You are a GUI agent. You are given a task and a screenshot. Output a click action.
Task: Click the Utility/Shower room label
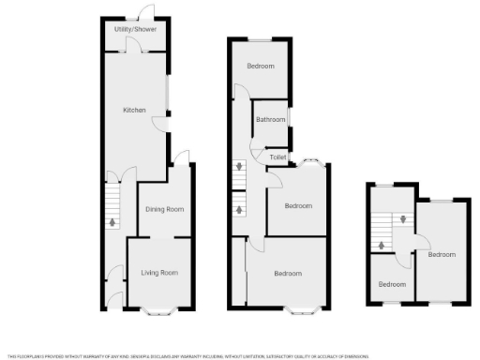tap(136, 30)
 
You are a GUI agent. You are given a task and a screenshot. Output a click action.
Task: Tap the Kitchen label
tap(135, 111)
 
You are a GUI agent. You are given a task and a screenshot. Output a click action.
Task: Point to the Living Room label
tap(159, 273)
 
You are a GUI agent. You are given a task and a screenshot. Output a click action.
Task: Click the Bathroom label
tap(271, 120)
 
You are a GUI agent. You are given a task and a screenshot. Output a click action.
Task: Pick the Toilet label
tap(277, 157)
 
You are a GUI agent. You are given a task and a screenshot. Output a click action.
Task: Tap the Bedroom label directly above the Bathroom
tap(261, 67)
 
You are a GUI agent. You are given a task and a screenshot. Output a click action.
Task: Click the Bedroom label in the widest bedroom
tap(288, 274)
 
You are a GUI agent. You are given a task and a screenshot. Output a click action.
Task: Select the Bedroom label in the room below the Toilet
tap(298, 205)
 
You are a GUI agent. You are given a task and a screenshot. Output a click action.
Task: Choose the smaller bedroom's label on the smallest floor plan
tap(392, 284)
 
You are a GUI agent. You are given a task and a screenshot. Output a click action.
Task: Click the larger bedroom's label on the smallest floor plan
tap(441, 254)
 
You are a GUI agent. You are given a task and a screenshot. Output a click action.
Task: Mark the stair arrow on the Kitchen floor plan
tap(112, 222)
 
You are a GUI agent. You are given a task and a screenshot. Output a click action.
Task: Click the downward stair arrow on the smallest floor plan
tap(404, 220)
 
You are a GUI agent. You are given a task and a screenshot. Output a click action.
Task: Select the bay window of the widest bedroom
tap(302, 308)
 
